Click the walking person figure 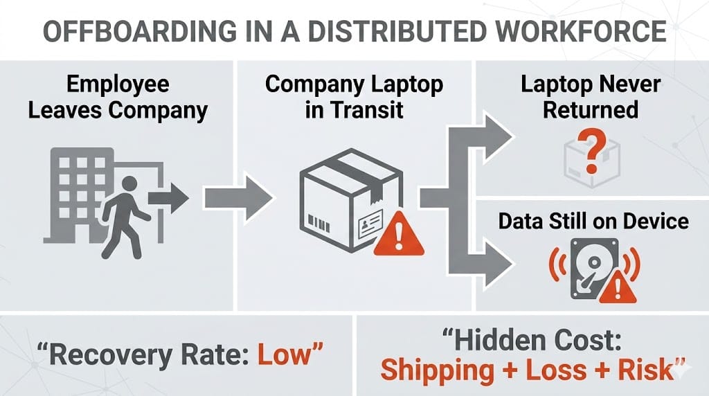coord(125,215)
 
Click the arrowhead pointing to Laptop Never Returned coord(497,135)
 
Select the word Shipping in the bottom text coord(436,368)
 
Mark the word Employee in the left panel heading coord(118,85)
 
